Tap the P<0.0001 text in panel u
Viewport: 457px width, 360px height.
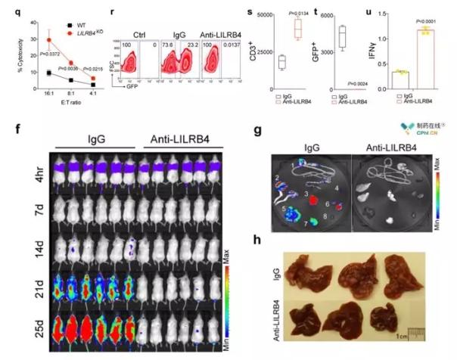pos(428,21)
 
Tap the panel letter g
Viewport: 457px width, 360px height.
pos(259,129)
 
